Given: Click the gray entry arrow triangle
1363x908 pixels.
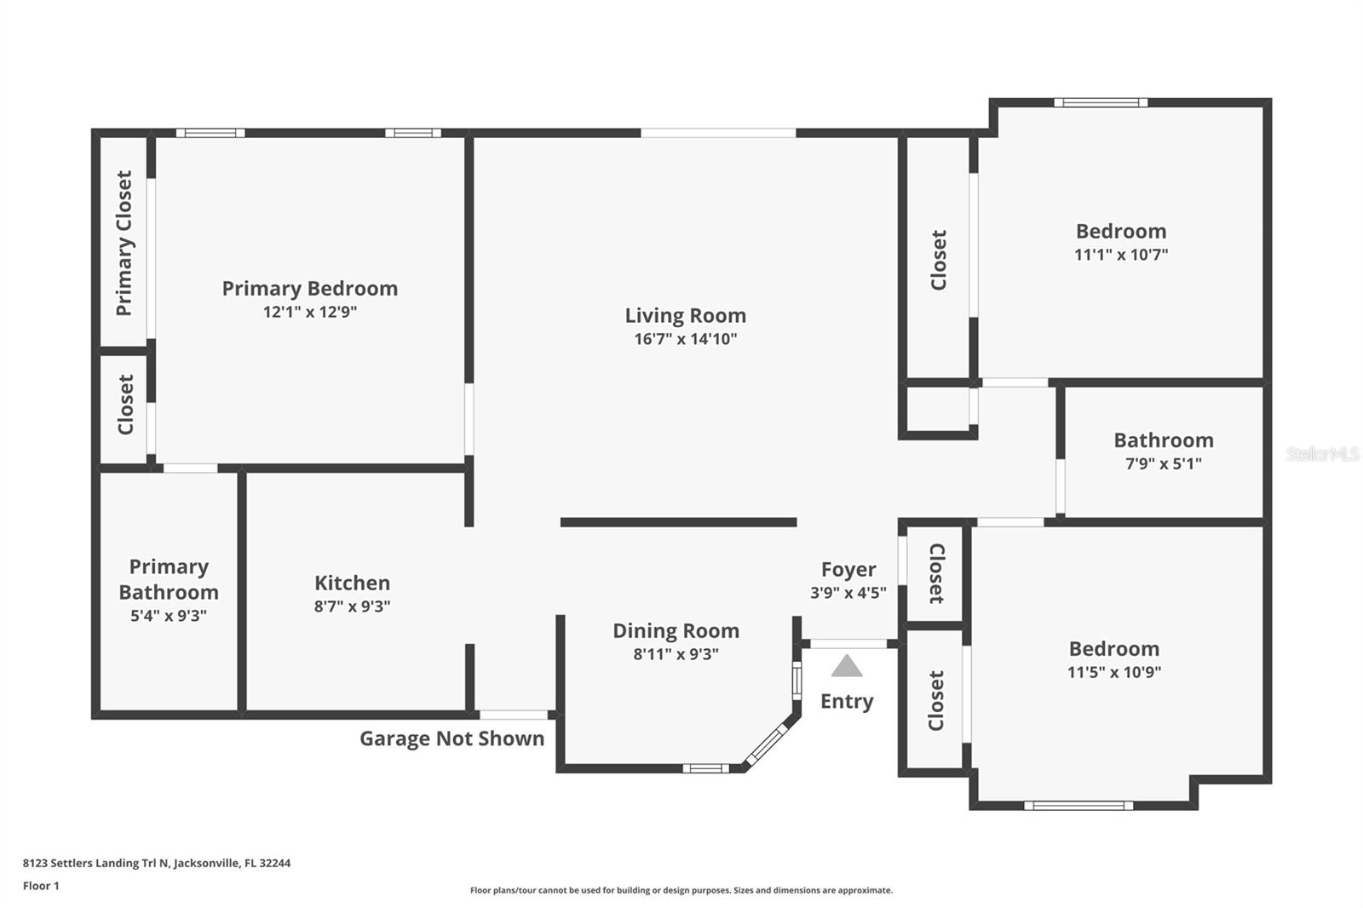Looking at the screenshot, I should pyautogui.click(x=846, y=666).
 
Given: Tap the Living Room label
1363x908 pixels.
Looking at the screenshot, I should pyautogui.click(x=685, y=315).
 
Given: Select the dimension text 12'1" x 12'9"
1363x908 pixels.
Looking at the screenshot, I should pyautogui.click(x=309, y=312).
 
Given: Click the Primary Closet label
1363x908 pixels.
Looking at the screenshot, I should pyautogui.click(x=124, y=244).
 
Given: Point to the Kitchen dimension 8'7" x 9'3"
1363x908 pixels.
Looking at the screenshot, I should pyautogui.click(x=352, y=606).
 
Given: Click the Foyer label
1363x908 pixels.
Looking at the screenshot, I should pyautogui.click(x=848, y=569).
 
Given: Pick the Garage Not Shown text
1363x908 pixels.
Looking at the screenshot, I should pyautogui.click(x=451, y=738).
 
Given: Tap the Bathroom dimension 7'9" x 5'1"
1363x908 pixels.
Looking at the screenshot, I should pyautogui.click(x=1163, y=463).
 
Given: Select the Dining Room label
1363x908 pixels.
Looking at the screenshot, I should pyautogui.click(x=676, y=630).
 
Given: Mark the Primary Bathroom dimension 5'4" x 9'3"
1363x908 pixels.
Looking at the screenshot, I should pyautogui.click(x=169, y=615).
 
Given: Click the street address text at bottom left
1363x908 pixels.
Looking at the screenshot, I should pyautogui.click(x=156, y=863).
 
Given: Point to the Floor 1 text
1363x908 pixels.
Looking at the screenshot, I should pyautogui.click(x=41, y=886).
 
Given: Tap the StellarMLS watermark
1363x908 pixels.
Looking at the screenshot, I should pyautogui.click(x=1322, y=454).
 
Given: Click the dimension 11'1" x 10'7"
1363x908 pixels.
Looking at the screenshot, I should pyautogui.click(x=1120, y=254).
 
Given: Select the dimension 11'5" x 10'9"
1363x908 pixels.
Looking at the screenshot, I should pyautogui.click(x=1113, y=671).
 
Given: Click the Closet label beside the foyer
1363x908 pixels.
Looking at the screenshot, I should pyautogui.click(x=935, y=573).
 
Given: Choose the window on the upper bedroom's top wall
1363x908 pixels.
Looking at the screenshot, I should pyautogui.click(x=1100, y=103).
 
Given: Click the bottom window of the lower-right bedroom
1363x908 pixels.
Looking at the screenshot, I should pyautogui.click(x=1078, y=805).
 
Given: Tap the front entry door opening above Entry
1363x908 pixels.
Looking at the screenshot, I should pyautogui.click(x=848, y=644).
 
